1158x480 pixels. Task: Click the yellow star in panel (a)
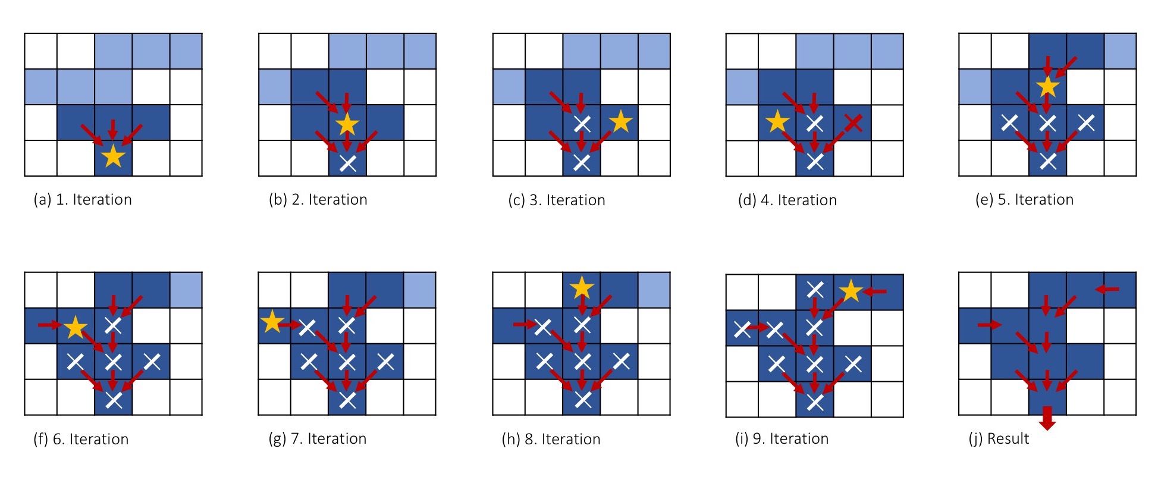coord(113,157)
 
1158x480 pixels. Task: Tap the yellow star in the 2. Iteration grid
coord(347,124)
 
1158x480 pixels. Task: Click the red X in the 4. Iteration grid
coord(853,123)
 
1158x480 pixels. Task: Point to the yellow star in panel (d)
coord(777,121)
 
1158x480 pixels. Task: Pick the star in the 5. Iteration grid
coord(1048,87)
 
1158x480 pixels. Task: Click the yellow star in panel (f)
coord(76,327)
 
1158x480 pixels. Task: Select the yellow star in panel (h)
coord(581,288)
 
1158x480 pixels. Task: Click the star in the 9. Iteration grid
coord(851,291)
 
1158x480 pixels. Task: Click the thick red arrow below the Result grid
coord(1047,418)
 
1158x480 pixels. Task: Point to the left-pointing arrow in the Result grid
coord(1107,289)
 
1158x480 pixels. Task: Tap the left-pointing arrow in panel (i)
coord(875,291)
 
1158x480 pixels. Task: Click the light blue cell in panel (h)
coord(654,290)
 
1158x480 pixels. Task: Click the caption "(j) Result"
coord(999,439)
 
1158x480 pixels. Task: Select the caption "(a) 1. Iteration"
coord(83,200)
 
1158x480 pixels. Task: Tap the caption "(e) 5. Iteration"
coord(1024,200)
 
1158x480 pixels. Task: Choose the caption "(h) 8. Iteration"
coord(551,440)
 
